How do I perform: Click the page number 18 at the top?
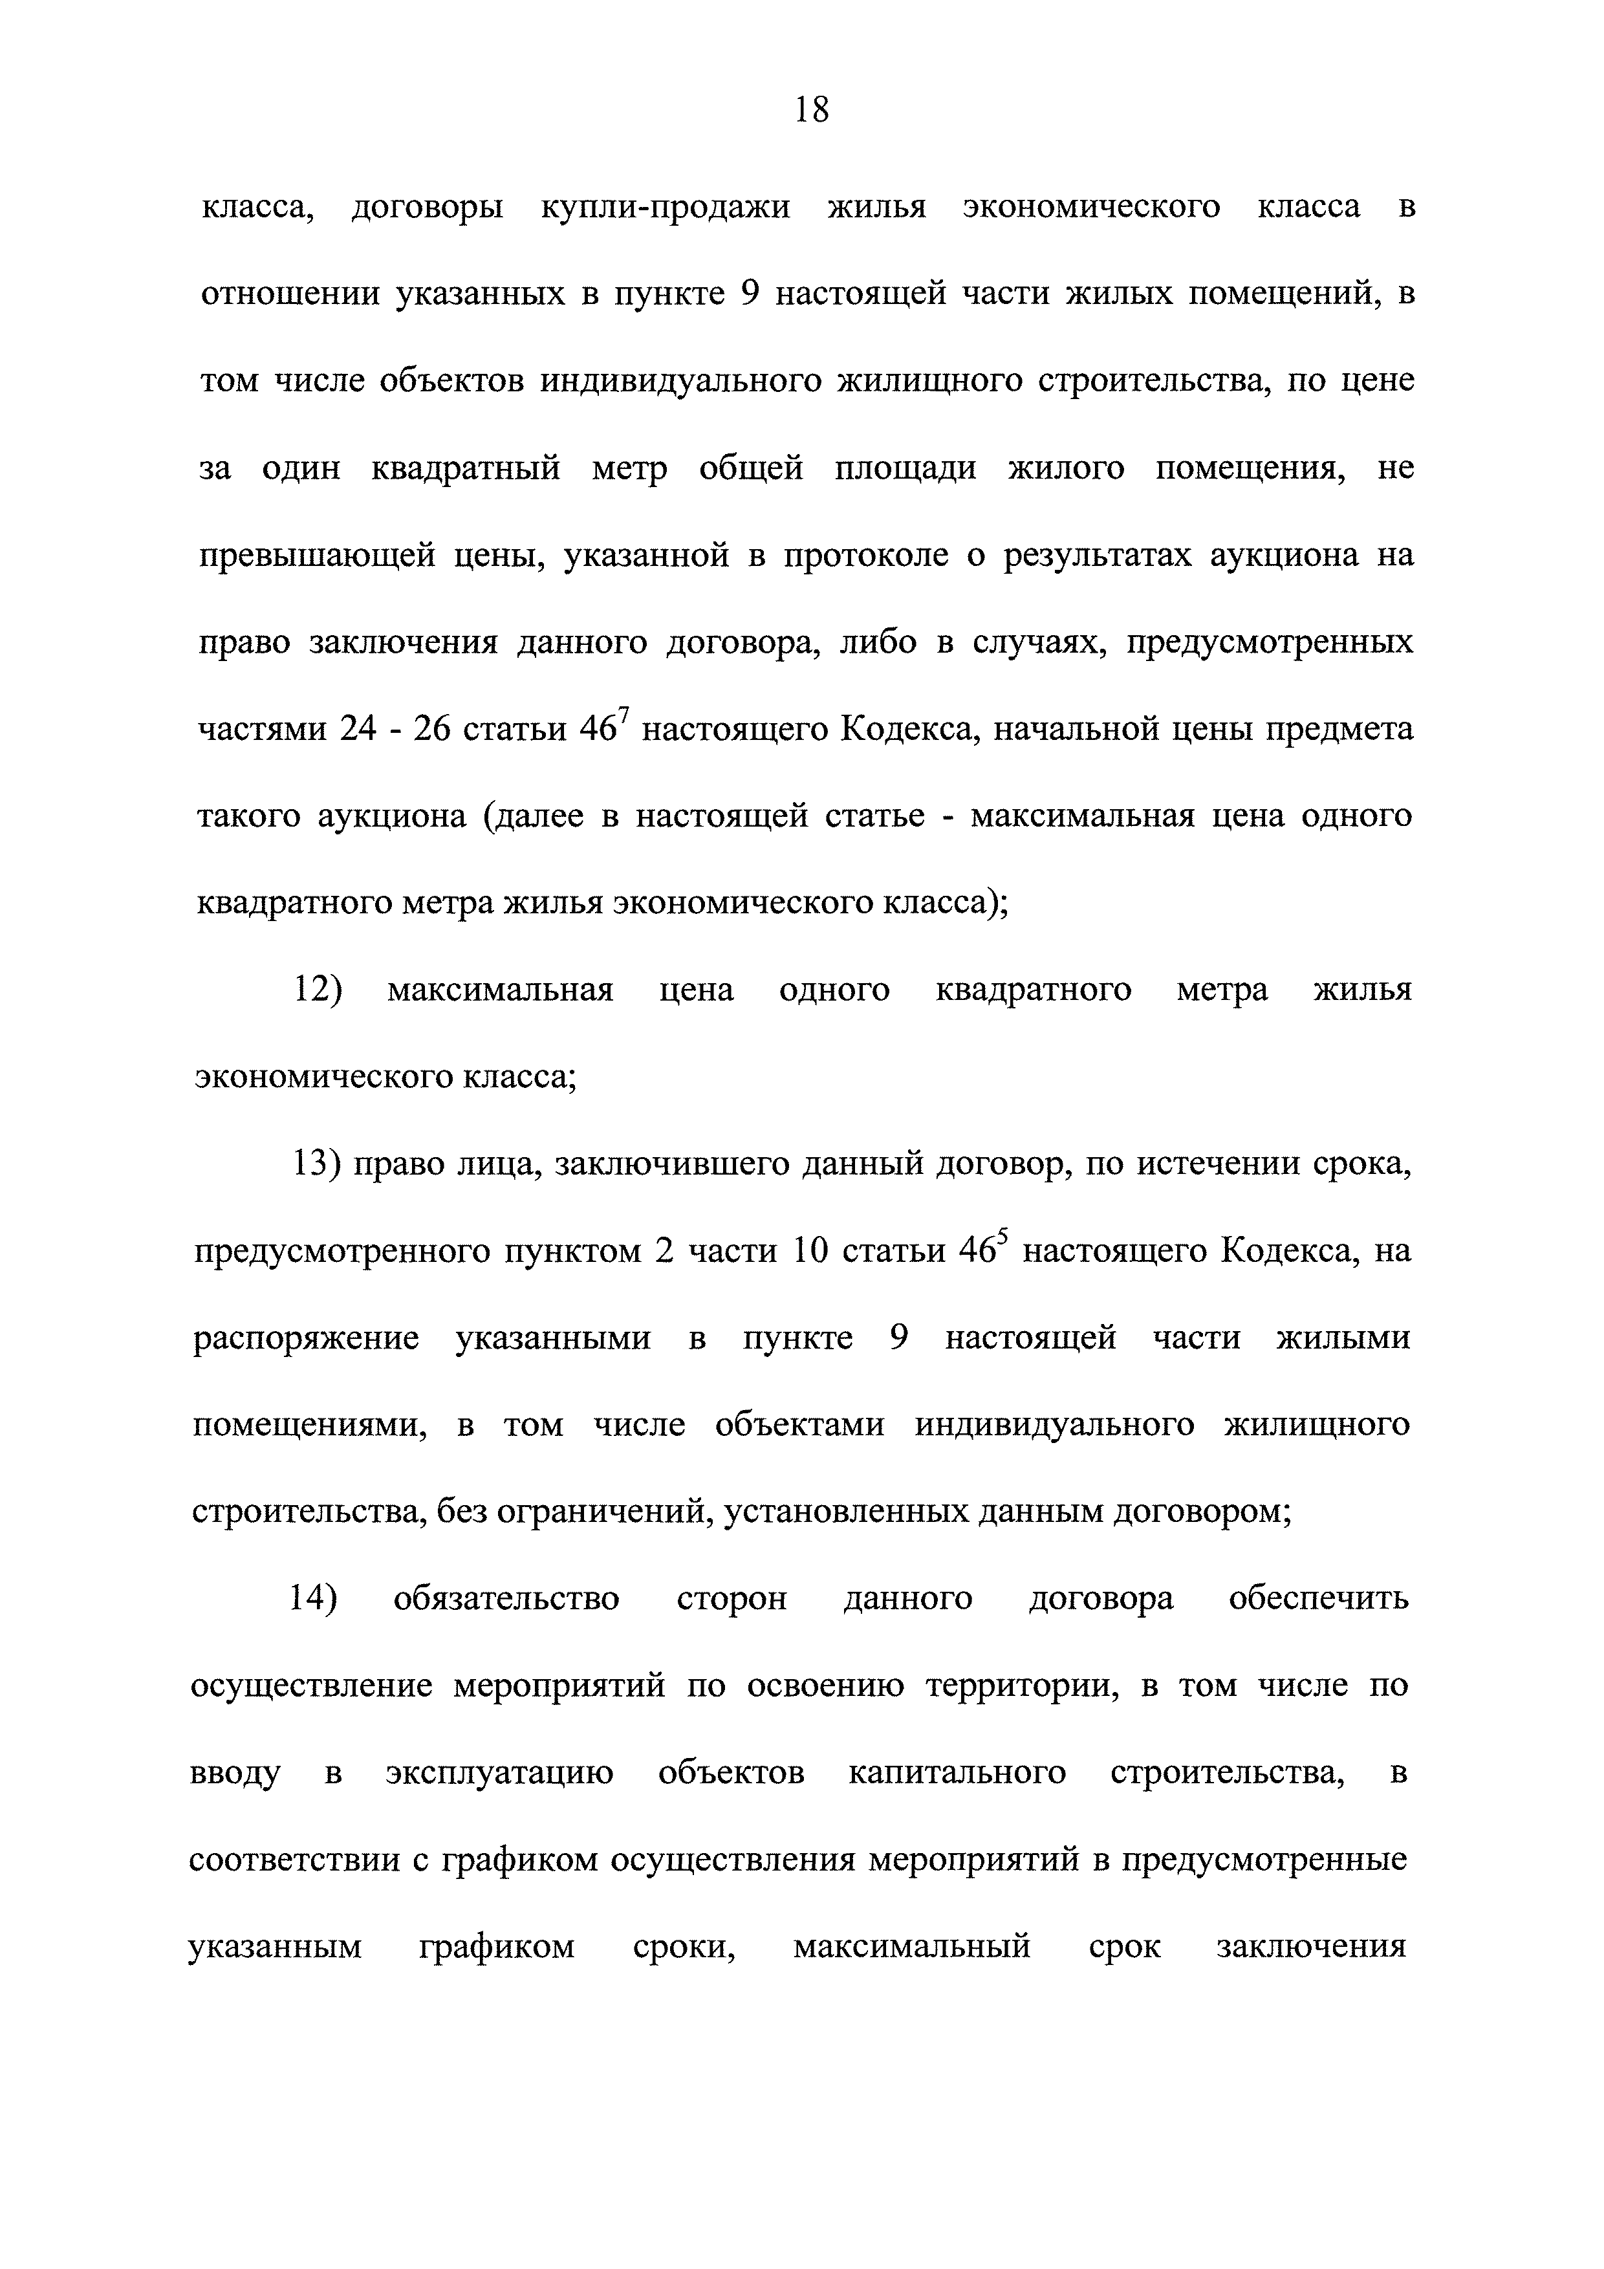tap(812, 110)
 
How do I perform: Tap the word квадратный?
tap(466, 468)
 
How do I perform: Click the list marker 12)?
tap(317, 990)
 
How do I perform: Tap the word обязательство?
tap(506, 1599)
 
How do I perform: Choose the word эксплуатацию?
tap(499, 1774)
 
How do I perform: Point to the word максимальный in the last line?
tap(911, 1948)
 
